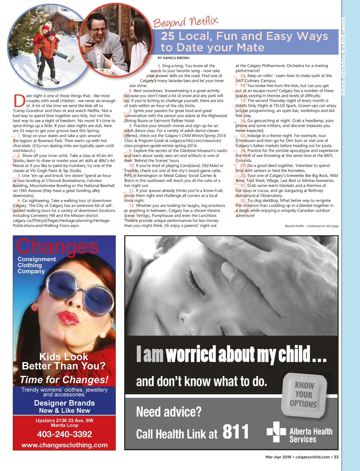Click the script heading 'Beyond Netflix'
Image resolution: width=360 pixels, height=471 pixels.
(x=185, y=22)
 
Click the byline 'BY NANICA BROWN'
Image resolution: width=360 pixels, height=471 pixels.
(x=173, y=58)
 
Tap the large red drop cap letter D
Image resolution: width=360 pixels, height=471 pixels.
(x=19, y=100)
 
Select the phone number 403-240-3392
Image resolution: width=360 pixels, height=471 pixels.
(x=64, y=434)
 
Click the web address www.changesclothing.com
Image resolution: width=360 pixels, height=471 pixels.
(x=64, y=445)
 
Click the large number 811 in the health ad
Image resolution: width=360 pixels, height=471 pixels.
(x=236, y=432)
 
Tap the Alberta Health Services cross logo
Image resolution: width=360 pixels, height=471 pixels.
(x=276, y=432)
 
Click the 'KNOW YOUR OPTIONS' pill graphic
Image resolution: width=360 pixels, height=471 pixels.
(x=304, y=395)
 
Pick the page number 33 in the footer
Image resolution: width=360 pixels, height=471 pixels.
(x=336, y=457)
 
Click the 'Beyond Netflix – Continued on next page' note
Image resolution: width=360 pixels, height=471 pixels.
(x=311, y=226)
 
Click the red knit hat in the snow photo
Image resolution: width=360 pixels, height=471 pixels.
(x=46, y=27)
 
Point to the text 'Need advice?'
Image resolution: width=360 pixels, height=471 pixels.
(x=169, y=412)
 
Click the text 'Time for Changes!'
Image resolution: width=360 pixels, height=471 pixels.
(x=64, y=380)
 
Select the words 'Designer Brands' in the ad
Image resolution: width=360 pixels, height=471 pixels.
(x=64, y=403)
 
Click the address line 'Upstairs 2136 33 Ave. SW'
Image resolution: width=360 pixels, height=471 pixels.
(x=64, y=420)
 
